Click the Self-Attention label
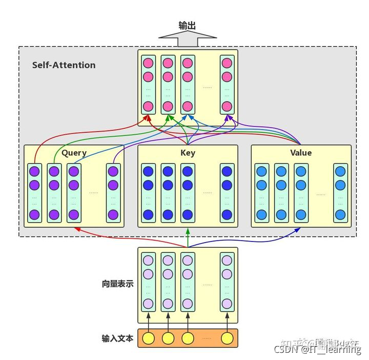point(64,65)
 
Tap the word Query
point(74,153)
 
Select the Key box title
point(188,153)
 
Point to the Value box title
point(300,153)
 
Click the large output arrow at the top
point(188,38)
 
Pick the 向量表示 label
point(117,283)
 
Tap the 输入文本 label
point(117,338)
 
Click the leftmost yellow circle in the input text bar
point(149,338)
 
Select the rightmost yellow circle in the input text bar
point(227,338)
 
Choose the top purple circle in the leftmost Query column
point(34,172)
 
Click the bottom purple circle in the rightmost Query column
point(113,214)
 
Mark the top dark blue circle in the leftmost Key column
point(149,172)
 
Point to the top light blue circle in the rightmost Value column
point(340,172)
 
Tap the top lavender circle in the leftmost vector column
point(149,261)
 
